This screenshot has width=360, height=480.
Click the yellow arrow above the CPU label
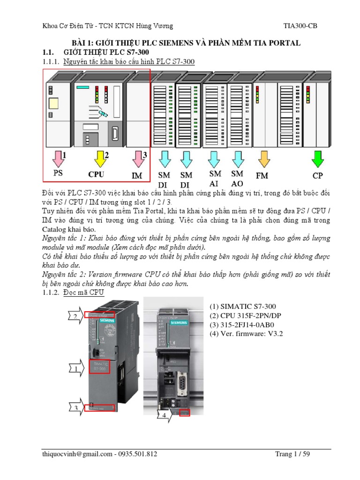pos(99,159)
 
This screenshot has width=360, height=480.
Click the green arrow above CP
pos(318,159)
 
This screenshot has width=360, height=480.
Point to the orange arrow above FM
pos(264,159)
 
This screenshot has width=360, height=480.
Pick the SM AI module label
pos(215,179)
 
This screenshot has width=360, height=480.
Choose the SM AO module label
pos(237,179)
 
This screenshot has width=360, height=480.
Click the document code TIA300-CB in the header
pos(300,26)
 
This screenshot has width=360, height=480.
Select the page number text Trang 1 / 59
pos(292,454)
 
